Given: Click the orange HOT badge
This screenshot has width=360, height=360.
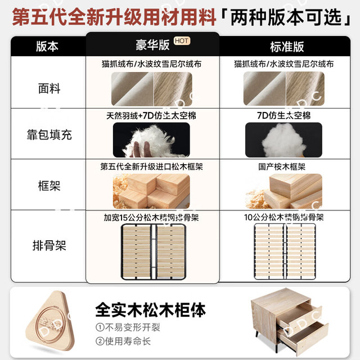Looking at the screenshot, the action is coord(182,41).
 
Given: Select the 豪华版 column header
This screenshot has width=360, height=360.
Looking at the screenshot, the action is coord(152,45).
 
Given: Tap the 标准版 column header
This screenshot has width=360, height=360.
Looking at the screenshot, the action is coord(287,47).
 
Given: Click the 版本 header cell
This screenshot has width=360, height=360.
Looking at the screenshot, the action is coord(47,46).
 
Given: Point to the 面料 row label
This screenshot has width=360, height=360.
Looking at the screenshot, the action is coord(49,88).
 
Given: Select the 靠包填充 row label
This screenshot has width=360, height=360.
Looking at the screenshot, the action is coord(49,134).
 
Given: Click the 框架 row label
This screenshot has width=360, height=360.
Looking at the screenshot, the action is coord(49,186).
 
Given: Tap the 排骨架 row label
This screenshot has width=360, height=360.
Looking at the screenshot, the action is coord(49,245).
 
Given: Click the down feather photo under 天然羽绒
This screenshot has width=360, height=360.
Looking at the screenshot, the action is coord(151,140).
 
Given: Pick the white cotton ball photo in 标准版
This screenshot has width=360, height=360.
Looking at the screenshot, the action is coord(283,140).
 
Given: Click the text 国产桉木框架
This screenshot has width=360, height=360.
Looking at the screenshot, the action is coord(282,167).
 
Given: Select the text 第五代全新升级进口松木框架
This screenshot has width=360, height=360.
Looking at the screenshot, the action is coord(151,166).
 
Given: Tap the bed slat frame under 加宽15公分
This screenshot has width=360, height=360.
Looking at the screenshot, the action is coord(153,252).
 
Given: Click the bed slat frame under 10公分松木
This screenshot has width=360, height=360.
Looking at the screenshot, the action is coord(285,251).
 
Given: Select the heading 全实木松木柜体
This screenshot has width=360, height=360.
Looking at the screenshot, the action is coord(150,310).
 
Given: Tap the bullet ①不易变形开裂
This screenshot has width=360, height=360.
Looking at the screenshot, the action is coord(128,327).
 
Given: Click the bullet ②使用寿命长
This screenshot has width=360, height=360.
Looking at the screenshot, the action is coord(123,341).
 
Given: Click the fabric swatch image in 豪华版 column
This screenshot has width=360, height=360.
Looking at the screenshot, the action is coord(152,89).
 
